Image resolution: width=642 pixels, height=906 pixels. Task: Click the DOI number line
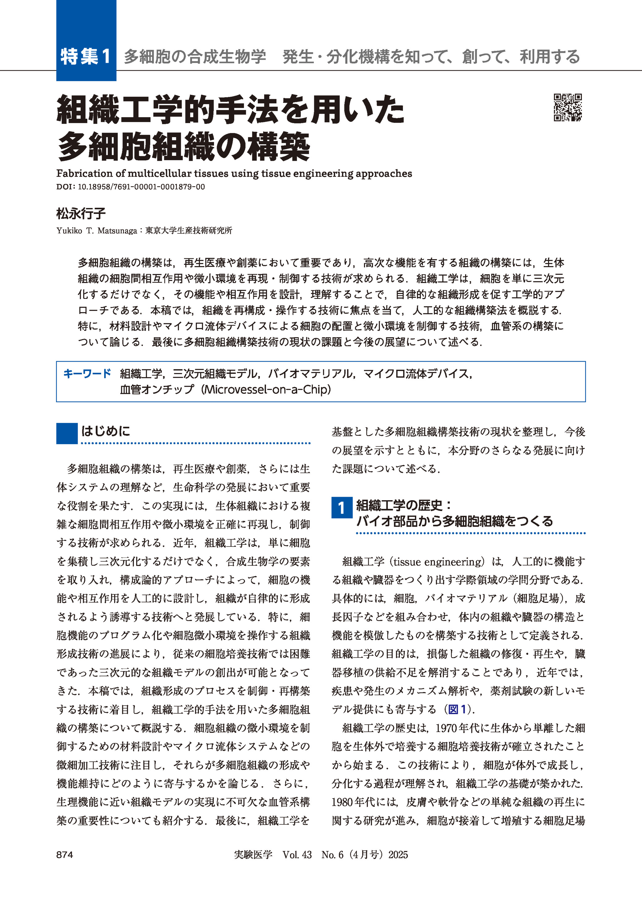[x=131, y=187]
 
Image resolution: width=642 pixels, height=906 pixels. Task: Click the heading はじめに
[x=105, y=431]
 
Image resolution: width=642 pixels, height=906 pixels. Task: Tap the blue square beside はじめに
[x=67, y=433]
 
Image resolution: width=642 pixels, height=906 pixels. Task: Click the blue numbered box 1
[x=341, y=508]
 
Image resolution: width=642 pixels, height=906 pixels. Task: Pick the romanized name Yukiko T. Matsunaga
[x=96, y=231]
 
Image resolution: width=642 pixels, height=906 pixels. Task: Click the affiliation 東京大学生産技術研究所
[x=189, y=231]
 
